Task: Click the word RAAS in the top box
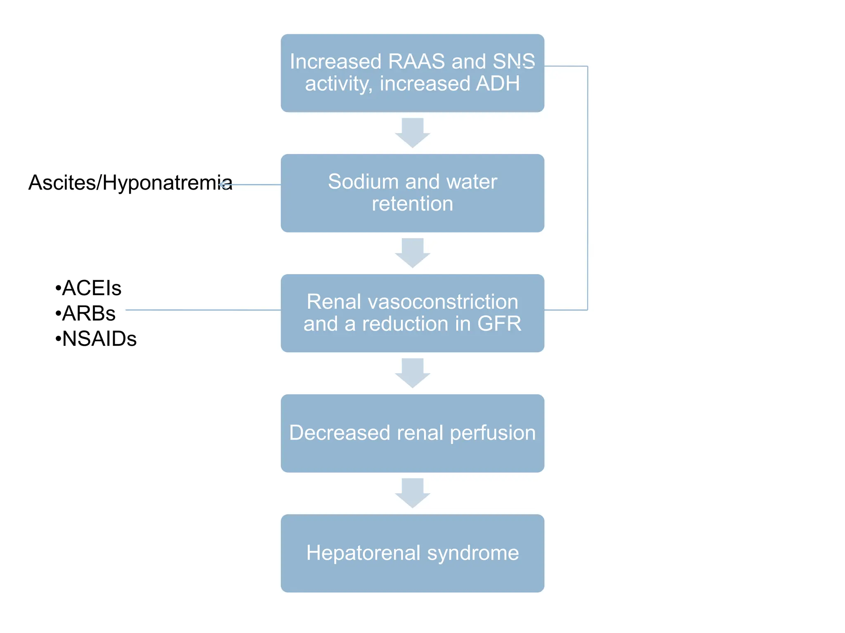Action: [x=416, y=62]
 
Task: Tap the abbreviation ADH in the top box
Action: [x=498, y=84]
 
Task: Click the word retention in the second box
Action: [x=412, y=204]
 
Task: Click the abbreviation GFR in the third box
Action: [x=499, y=324]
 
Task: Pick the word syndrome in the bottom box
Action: [x=473, y=553]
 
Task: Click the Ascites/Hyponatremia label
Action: [x=130, y=183]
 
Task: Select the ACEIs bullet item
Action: [x=88, y=288]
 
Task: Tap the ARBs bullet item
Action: [x=85, y=314]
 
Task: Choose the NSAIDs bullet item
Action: [x=96, y=339]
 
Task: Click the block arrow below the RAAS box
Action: [x=412, y=132]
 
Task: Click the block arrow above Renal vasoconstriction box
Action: [x=412, y=252]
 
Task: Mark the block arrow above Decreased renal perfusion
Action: [x=412, y=373]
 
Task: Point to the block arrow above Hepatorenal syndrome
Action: [x=412, y=492]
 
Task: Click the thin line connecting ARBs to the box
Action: [x=202, y=310]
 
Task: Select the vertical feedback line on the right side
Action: [x=587, y=188]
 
